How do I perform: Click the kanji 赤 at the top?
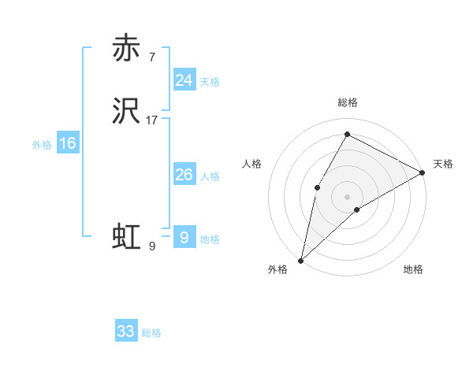(x=126, y=48)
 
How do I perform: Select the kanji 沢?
(x=126, y=113)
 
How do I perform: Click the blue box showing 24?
(x=184, y=80)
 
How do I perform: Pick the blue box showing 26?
(x=184, y=175)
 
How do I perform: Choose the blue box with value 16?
(x=68, y=143)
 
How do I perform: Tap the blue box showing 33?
(x=126, y=331)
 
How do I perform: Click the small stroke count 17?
(x=152, y=120)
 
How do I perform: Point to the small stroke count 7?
(x=151, y=57)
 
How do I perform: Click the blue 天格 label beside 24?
(x=210, y=82)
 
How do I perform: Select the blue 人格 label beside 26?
(x=210, y=176)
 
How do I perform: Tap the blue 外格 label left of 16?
(x=42, y=145)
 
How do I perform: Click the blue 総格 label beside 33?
(x=151, y=333)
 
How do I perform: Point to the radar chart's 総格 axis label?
(x=347, y=102)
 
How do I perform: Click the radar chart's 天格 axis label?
(x=443, y=164)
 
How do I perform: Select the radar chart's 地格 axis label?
(x=413, y=269)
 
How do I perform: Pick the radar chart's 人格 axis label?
(x=251, y=164)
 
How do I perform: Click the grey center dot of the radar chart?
(x=347, y=196)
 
